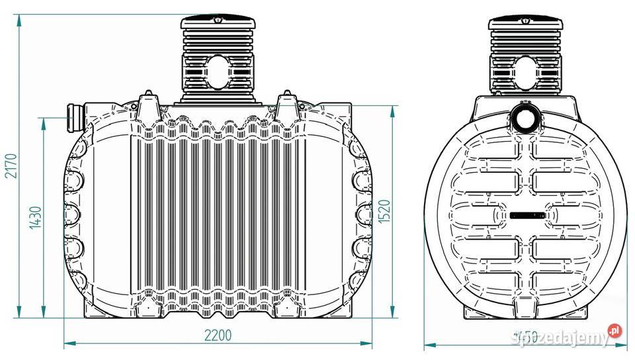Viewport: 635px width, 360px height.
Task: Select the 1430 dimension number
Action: pos(37,217)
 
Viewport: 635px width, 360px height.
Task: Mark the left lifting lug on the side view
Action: pos(147,105)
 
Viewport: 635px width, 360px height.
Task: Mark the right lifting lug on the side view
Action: pos(286,105)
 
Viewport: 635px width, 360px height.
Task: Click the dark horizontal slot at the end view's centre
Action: pos(527,215)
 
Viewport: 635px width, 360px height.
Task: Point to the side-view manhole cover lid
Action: pos(218,24)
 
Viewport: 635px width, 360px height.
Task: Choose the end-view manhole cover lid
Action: pos(527,24)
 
